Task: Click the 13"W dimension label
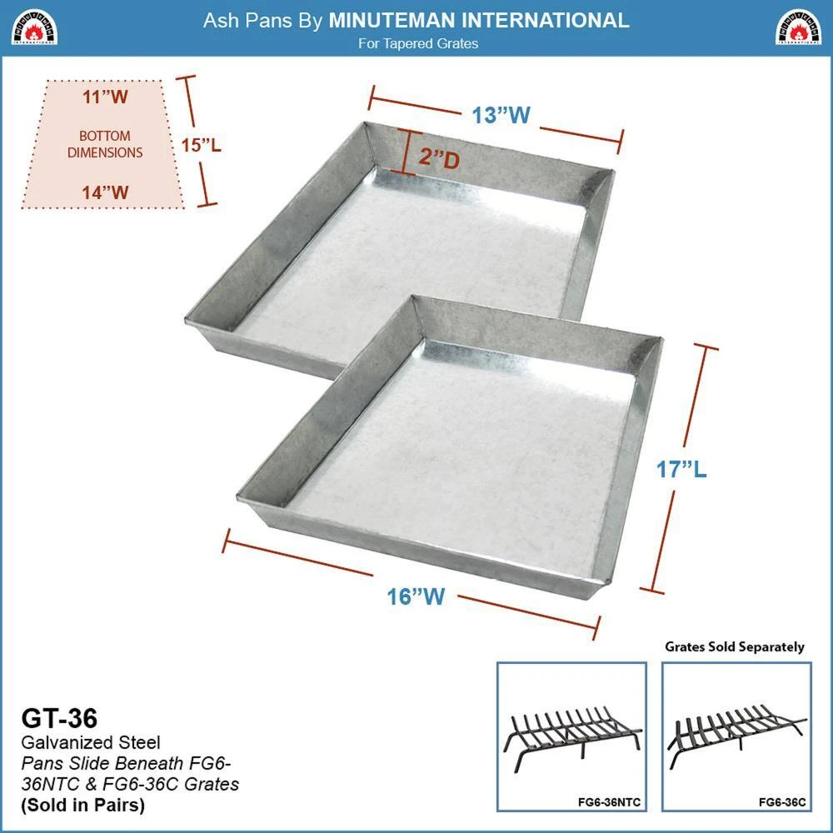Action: [501, 115]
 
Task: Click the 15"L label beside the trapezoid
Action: [202, 144]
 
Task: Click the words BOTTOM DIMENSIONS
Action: [105, 144]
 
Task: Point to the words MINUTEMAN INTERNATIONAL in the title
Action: [479, 21]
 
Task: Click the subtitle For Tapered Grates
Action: [418, 43]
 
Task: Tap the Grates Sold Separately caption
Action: [735, 646]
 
